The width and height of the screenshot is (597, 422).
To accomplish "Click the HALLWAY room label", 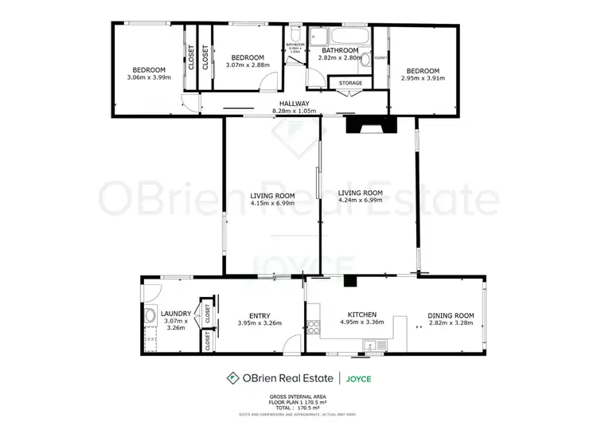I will coord(294,104).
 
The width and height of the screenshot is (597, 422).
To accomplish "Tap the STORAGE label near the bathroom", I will coord(350,83).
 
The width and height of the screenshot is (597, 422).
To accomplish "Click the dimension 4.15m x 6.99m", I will coord(272,203).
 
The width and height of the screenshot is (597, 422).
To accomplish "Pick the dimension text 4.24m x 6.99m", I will coord(360,201).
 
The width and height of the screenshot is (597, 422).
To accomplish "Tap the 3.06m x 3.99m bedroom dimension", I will coord(149,77).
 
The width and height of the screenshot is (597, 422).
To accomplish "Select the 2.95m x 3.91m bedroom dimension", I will coord(424,77).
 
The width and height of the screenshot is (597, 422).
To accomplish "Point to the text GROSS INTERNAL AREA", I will coord(298,396).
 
